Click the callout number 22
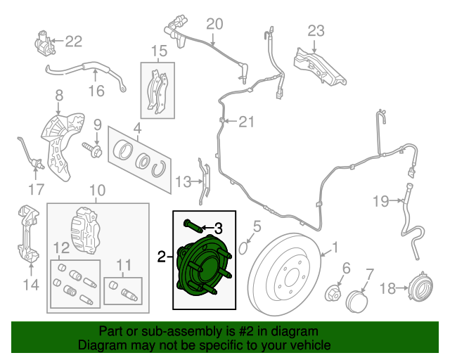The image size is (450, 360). coord(74,41)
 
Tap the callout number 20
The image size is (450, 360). coord(214,24)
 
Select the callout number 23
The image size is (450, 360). coord(316,30)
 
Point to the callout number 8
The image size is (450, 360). coord(59,94)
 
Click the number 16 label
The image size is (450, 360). coord(96,91)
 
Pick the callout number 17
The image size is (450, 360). coord(36,189)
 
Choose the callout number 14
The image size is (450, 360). coord(30,285)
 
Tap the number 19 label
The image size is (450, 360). coord(380,202)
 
